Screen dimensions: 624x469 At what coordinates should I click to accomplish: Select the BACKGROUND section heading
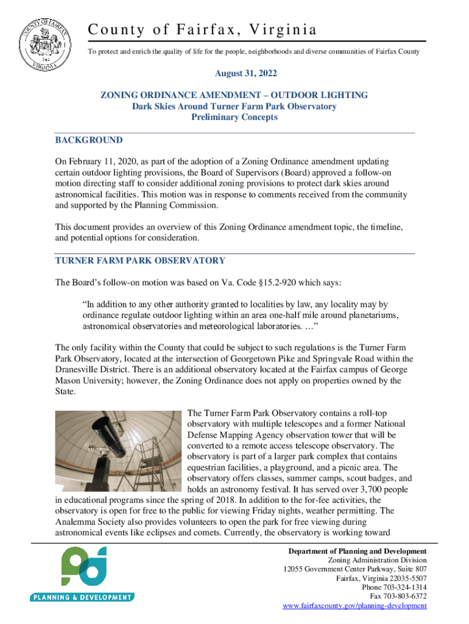(x=89, y=140)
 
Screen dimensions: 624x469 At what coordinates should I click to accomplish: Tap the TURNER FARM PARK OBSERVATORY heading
(x=140, y=261)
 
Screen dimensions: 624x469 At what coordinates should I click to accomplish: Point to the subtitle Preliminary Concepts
(x=234, y=118)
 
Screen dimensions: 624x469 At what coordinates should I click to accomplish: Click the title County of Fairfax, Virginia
(x=202, y=29)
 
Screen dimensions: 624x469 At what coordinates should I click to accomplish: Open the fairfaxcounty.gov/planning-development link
(x=355, y=606)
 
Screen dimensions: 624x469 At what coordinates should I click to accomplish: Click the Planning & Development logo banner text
(x=82, y=597)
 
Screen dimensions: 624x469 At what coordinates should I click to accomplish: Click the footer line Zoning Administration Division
(x=377, y=560)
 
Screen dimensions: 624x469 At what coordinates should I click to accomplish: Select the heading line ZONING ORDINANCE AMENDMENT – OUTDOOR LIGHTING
(x=234, y=96)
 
